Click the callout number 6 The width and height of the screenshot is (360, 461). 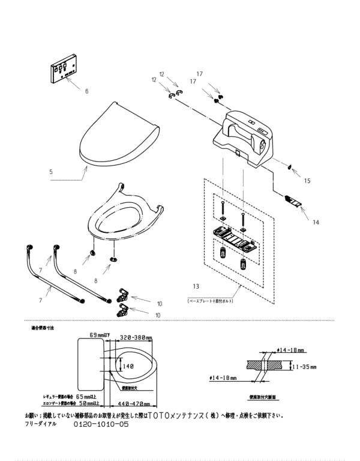(x=86, y=91)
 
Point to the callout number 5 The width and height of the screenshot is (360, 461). (x=51, y=172)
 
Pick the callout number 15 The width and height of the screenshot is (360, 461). (x=307, y=180)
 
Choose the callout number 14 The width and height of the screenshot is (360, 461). (x=316, y=222)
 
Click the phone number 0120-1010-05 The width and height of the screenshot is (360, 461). (x=101, y=424)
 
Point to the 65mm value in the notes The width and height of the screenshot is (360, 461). (x=89, y=396)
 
